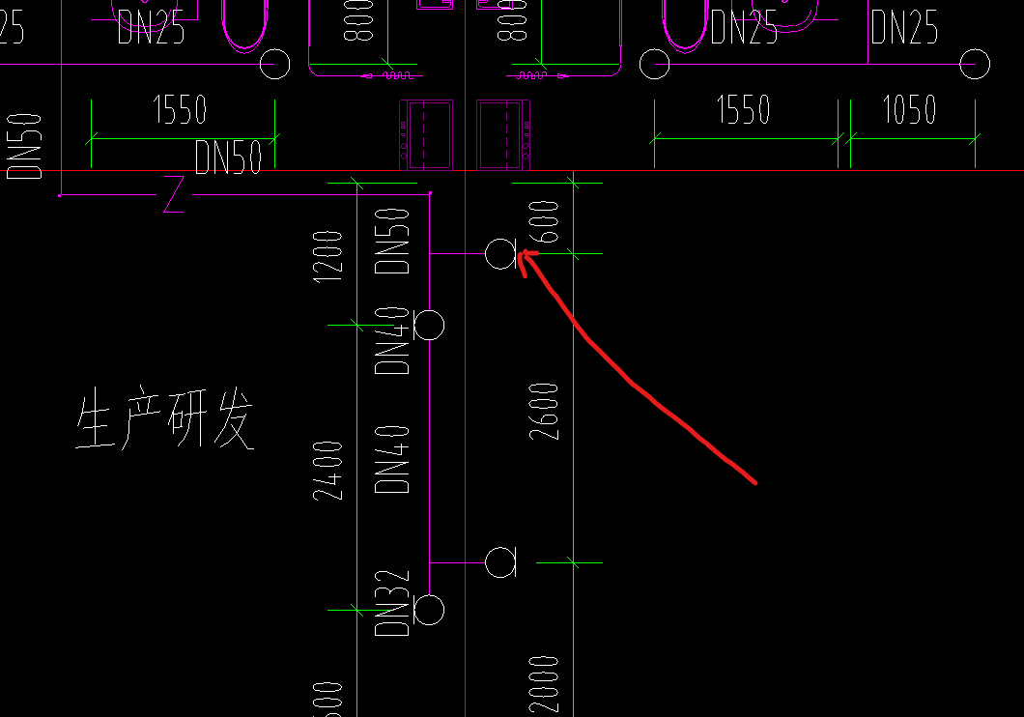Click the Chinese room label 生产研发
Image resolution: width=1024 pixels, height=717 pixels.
tap(165, 421)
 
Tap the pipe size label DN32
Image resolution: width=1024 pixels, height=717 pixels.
tap(393, 604)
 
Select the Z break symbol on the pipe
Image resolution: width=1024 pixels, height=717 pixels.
tap(174, 194)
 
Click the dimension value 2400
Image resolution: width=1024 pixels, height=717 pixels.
tap(329, 471)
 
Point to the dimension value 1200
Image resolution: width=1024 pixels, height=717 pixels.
tap(329, 256)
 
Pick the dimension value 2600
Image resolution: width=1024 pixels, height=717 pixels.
tap(545, 412)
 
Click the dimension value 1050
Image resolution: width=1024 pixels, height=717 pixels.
tap(909, 110)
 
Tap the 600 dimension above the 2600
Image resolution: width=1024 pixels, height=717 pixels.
tap(545, 221)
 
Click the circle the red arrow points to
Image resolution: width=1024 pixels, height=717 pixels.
tap(500, 254)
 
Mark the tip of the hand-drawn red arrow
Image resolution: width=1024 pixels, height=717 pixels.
tap(522, 254)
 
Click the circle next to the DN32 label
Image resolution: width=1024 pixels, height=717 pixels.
tap(429, 610)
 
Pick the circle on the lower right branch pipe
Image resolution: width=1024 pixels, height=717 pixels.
tap(500, 561)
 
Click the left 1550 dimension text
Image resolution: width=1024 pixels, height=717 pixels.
tap(180, 110)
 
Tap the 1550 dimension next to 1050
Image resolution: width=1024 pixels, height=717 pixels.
tap(743, 110)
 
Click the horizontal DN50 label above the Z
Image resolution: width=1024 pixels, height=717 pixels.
tap(228, 158)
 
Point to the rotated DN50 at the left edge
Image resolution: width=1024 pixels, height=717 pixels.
tap(26, 146)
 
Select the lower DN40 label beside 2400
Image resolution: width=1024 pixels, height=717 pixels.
tap(393, 460)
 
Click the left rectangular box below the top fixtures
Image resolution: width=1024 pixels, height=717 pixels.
tap(426, 133)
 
